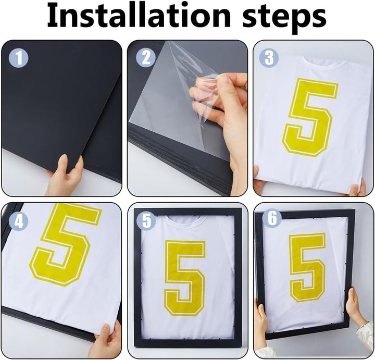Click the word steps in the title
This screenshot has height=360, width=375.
(x=284, y=18)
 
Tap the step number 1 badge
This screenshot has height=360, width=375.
(x=18, y=58)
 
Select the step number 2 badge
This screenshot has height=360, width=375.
(x=146, y=58)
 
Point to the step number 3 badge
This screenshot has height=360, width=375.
(x=269, y=58)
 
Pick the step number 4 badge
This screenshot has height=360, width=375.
(x=18, y=222)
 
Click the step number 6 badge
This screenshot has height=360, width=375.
(x=272, y=218)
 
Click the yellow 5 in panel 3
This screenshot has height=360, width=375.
(x=310, y=117)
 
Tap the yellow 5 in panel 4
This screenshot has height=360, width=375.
(x=65, y=244)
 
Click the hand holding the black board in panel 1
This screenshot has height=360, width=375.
(x=65, y=176)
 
